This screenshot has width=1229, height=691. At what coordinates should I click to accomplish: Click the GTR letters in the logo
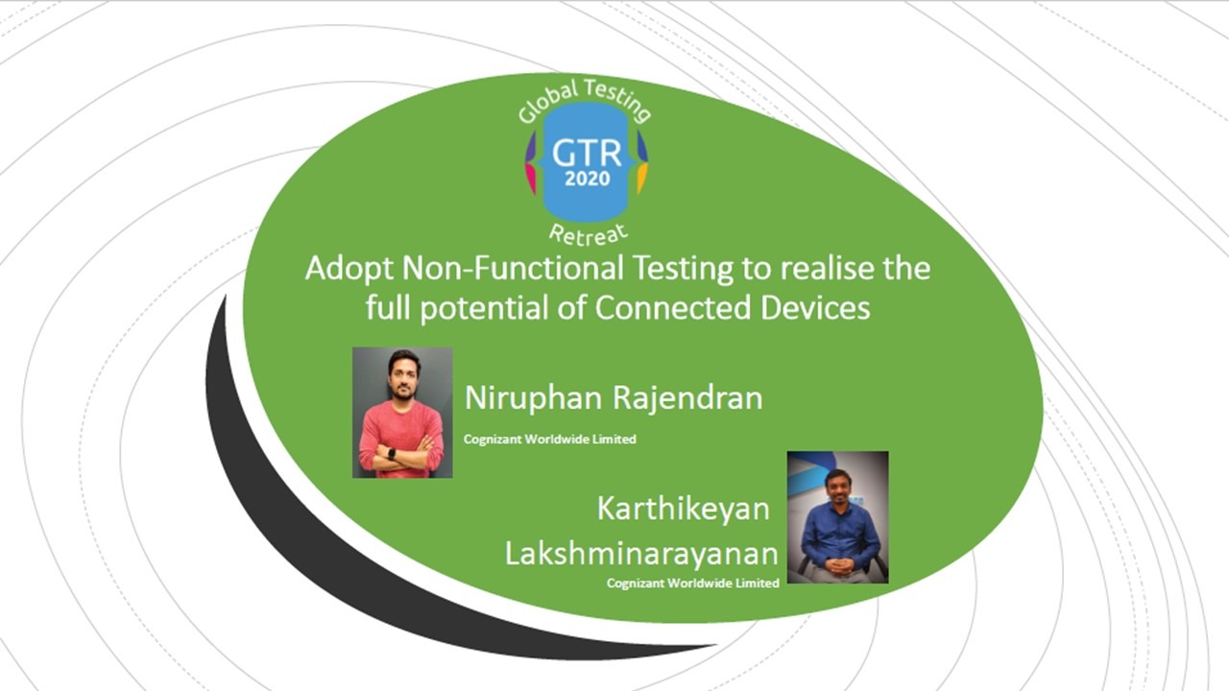coord(587,153)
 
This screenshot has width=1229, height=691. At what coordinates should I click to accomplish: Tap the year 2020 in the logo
coord(587,179)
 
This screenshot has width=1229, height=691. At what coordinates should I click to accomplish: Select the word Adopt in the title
coord(349,270)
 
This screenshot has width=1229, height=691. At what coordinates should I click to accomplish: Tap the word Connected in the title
coord(673,308)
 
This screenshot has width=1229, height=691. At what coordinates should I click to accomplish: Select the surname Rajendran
coord(687,398)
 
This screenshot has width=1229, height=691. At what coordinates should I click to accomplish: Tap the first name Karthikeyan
coord(683,510)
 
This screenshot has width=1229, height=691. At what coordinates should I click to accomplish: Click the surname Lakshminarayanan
coord(641,554)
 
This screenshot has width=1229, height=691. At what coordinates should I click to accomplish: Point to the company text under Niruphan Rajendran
coord(550,440)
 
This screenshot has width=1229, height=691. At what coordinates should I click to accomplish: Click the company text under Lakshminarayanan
coord(693,583)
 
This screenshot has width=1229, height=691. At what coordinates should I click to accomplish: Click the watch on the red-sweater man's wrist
coord(391,454)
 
